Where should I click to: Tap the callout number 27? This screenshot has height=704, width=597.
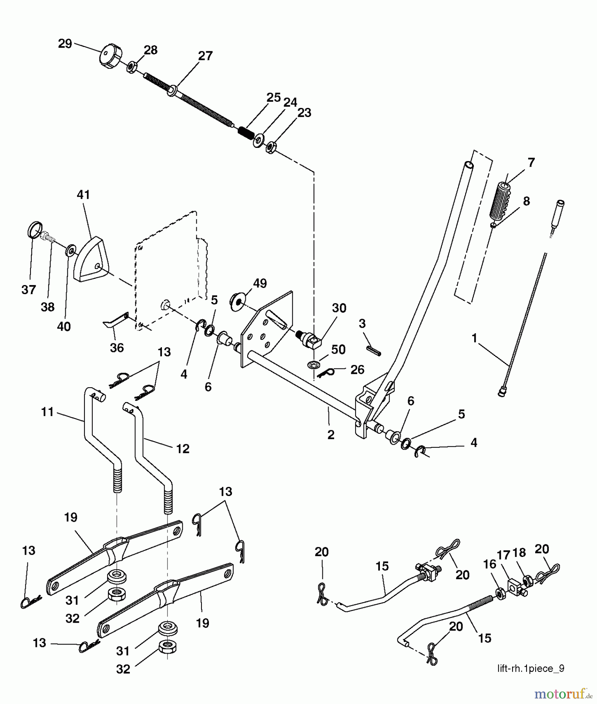point(205,56)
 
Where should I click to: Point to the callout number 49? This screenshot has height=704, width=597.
point(260,283)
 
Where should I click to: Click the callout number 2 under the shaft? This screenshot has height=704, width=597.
point(331,435)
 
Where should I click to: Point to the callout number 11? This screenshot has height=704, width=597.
point(47,412)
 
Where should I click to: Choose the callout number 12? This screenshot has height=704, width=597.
point(183,449)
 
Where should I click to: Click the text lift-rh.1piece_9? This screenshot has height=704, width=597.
point(530,668)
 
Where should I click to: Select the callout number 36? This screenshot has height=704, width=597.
point(117,347)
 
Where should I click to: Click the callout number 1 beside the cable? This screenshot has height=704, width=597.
point(474,338)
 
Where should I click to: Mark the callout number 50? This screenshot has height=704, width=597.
point(338,349)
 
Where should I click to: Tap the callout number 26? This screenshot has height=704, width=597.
point(358,370)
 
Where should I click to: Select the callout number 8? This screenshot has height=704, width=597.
point(526,201)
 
